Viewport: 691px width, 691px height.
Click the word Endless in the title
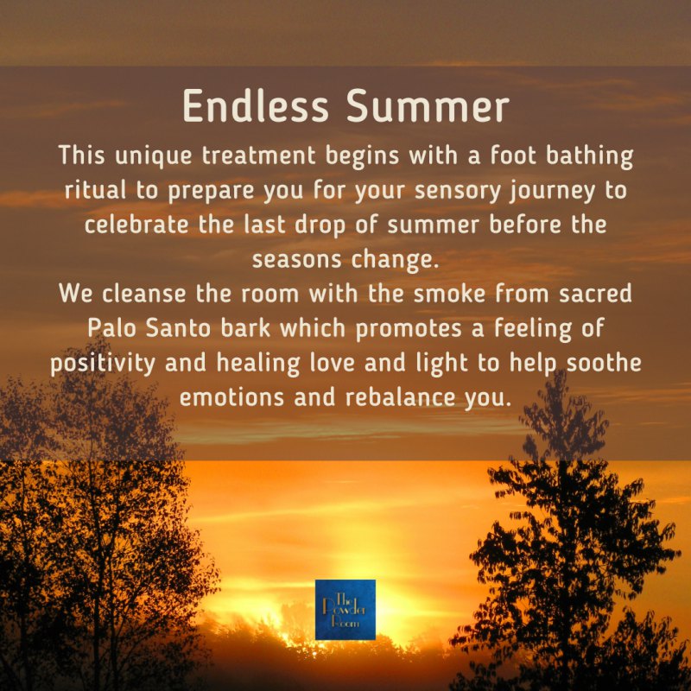click(256, 105)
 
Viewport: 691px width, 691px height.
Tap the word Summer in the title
click(428, 105)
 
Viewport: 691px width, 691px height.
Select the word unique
click(154, 156)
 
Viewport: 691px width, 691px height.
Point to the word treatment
click(258, 155)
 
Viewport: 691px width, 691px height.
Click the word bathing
click(589, 156)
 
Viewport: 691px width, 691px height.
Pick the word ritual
click(95, 190)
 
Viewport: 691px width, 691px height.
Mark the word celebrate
click(136, 225)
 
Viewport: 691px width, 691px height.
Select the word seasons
click(296, 260)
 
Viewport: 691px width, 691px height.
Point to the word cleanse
click(144, 294)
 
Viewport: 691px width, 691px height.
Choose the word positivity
click(103, 364)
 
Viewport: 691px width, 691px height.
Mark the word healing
click(258, 364)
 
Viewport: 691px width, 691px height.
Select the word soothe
click(604, 363)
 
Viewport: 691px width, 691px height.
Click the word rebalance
click(400, 397)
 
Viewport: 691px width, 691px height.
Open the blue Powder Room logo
click(345, 610)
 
